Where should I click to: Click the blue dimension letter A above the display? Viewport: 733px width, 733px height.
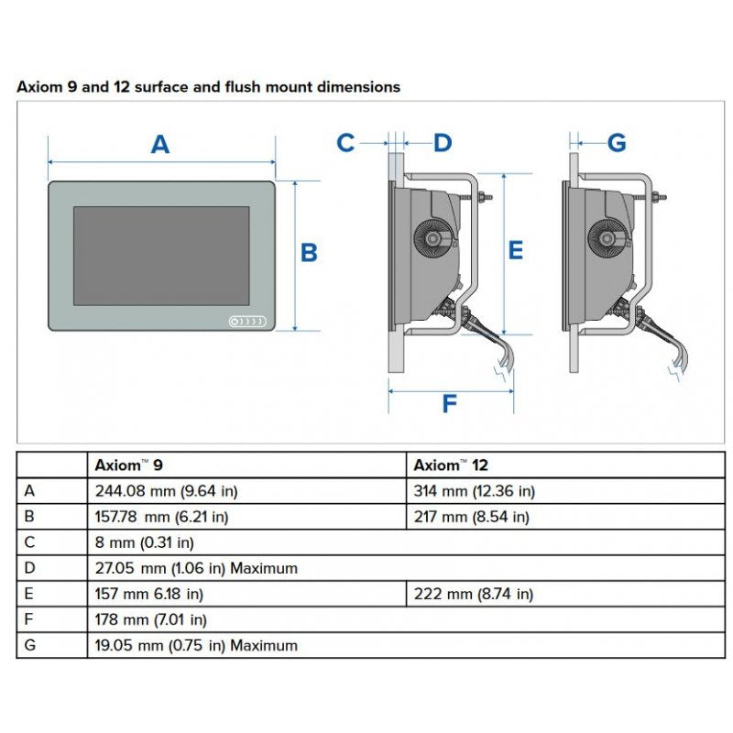pyautogui.click(x=160, y=144)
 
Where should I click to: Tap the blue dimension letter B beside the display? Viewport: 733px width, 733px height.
pyautogui.click(x=309, y=252)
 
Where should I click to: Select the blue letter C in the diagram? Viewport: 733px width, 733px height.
pyautogui.click(x=345, y=143)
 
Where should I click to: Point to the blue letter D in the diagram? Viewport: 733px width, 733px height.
pyautogui.click(x=443, y=143)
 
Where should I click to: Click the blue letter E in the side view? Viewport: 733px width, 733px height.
pyautogui.click(x=515, y=249)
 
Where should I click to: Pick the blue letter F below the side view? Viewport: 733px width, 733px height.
pyautogui.click(x=449, y=403)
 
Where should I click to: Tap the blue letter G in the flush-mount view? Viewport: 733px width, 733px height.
pyautogui.click(x=617, y=143)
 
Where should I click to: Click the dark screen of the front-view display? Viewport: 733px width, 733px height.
pyautogui.click(x=161, y=256)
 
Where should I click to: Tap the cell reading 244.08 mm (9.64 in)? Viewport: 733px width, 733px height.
pyautogui.click(x=167, y=491)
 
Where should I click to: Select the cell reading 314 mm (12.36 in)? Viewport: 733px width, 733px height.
pyautogui.click(x=475, y=491)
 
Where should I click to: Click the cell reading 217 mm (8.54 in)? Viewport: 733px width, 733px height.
pyautogui.click(x=472, y=517)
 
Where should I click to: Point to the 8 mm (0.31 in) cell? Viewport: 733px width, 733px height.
pyautogui.click(x=145, y=542)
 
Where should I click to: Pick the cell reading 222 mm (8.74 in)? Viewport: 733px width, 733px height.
pyautogui.click(x=474, y=594)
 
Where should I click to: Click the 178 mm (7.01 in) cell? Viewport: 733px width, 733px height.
pyautogui.click(x=151, y=619)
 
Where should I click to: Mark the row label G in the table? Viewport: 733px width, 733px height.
pyautogui.click(x=30, y=645)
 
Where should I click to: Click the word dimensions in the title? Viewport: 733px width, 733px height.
pyautogui.click(x=357, y=87)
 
